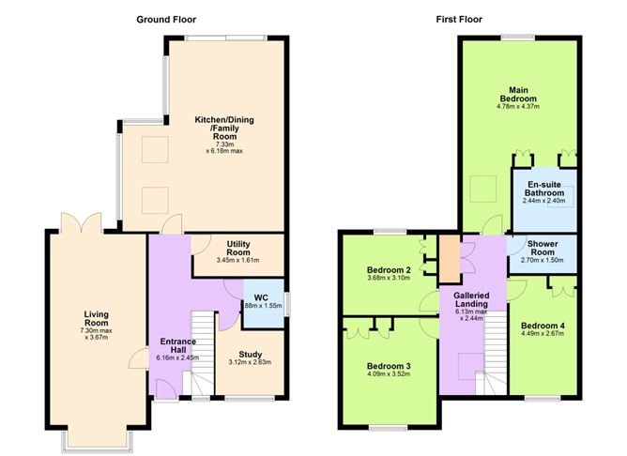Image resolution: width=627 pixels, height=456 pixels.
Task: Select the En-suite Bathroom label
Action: coord(544,188)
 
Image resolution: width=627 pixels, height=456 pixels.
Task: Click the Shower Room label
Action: coord(543,245)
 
